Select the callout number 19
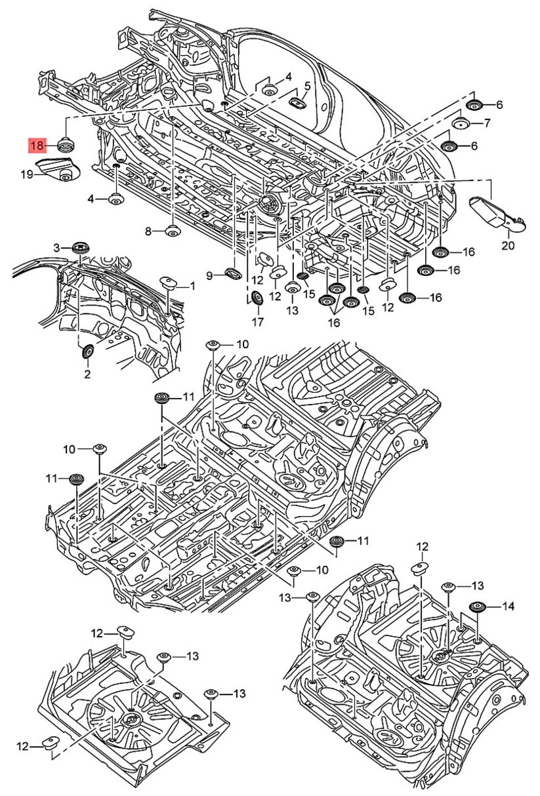(26, 174)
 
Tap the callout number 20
(509, 246)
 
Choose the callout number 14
(508, 607)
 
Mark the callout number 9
(210, 276)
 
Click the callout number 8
(148, 231)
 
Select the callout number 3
(57, 247)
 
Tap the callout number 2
(87, 374)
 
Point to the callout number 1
(192, 286)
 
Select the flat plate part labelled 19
(58, 169)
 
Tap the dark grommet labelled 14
(478, 607)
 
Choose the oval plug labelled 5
(299, 102)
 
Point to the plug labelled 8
(173, 231)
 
